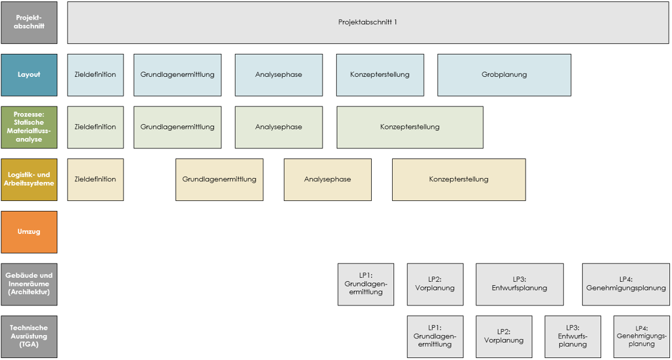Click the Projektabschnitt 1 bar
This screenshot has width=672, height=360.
(x=368, y=22)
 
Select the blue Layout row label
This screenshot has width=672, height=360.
(x=29, y=75)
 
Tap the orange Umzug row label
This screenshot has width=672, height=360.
(x=29, y=232)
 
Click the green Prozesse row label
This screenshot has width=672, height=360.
(x=29, y=127)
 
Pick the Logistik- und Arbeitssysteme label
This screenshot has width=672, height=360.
(x=29, y=179)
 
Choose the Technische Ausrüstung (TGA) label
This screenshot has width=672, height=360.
(x=29, y=337)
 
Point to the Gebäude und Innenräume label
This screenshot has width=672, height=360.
(x=29, y=284)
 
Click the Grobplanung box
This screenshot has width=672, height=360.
(x=504, y=75)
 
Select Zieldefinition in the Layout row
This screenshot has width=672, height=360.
(x=95, y=75)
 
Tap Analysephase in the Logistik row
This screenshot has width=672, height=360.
(x=327, y=179)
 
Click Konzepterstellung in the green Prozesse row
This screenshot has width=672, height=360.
(x=410, y=127)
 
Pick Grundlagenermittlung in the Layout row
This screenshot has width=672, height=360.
(x=177, y=75)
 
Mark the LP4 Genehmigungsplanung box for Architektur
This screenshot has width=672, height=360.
(x=625, y=284)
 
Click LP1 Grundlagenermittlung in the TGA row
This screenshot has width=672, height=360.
(x=435, y=337)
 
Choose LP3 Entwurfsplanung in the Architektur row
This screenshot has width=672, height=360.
(x=520, y=284)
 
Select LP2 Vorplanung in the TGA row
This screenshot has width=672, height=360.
(x=504, y=337)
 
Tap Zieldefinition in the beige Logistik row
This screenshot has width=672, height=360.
(x=95, y=179)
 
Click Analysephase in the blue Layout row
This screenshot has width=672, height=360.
(x=279, y=75)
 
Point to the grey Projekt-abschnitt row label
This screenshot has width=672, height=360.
(x=29, y=22)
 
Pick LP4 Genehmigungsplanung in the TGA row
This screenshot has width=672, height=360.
(x=642, y=337)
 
